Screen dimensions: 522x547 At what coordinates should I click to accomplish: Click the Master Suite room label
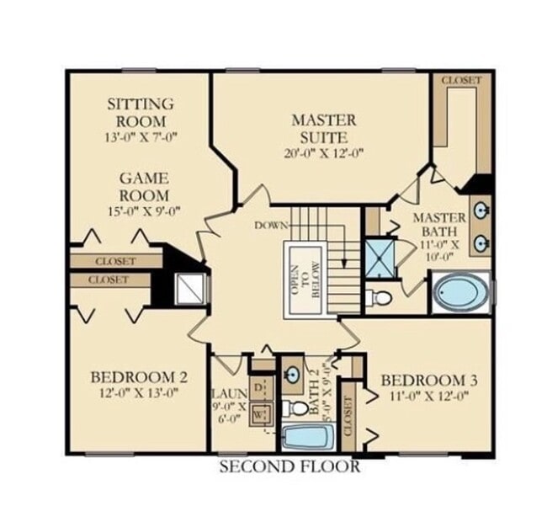[x=324, y=128]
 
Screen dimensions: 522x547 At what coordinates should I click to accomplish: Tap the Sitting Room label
[x=141, y=111]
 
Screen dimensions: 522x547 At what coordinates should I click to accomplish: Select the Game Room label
[x=143, y=187]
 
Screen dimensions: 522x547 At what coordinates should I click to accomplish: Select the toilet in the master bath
[x=379, y=297]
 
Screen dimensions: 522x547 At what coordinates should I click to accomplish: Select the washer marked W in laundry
[x=260, y=414]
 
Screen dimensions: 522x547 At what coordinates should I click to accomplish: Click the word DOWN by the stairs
[x=271, y=226]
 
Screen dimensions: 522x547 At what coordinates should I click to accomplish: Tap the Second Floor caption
[x=289, y=466]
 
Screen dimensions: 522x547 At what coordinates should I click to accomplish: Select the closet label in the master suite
[x=462, y=80]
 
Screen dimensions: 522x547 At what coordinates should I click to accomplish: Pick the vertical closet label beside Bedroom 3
[x=349, y=410]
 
